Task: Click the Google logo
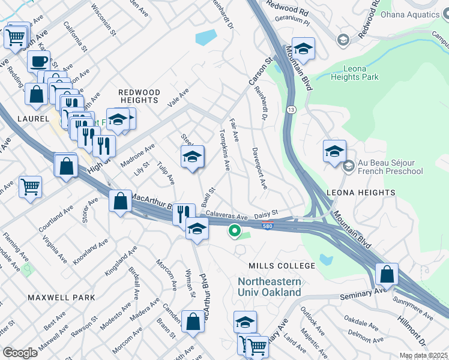click(x=20, y=352)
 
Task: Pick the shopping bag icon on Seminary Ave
click(x=387, y=275)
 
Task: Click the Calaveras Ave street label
click(x=227, y=215)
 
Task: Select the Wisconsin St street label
click(x=100, y=18)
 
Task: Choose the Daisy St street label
click(x=267, y=213)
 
